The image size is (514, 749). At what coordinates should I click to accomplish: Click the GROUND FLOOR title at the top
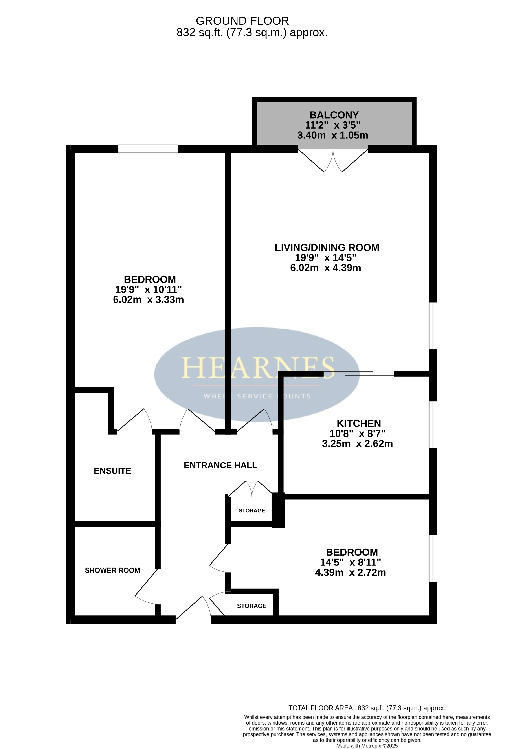[242, 21]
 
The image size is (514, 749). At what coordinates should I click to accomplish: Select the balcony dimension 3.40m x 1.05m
[332, 135]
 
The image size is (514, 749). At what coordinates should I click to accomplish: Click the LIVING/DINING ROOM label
[327, 248]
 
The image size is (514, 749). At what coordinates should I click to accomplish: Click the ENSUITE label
[112, 471]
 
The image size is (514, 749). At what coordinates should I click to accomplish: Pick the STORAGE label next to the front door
[252, 606]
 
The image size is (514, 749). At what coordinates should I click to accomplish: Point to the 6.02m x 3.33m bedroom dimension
[148, 299]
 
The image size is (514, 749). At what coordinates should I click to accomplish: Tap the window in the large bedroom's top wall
[148, 149]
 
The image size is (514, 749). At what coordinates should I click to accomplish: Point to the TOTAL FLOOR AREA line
[367, 708]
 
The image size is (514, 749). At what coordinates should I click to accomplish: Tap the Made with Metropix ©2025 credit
[367, 746]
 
